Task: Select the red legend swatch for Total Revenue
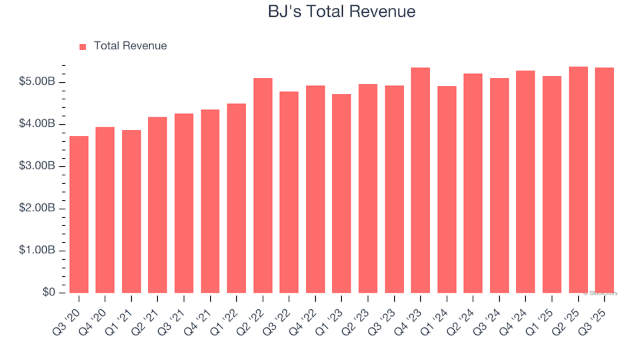(x=83, y=47)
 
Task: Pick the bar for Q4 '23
(x=421, y=180)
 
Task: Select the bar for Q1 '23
(x=341, y=193)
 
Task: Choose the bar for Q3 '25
(x=605, y=180)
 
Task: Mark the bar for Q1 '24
(x=447, y=189)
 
